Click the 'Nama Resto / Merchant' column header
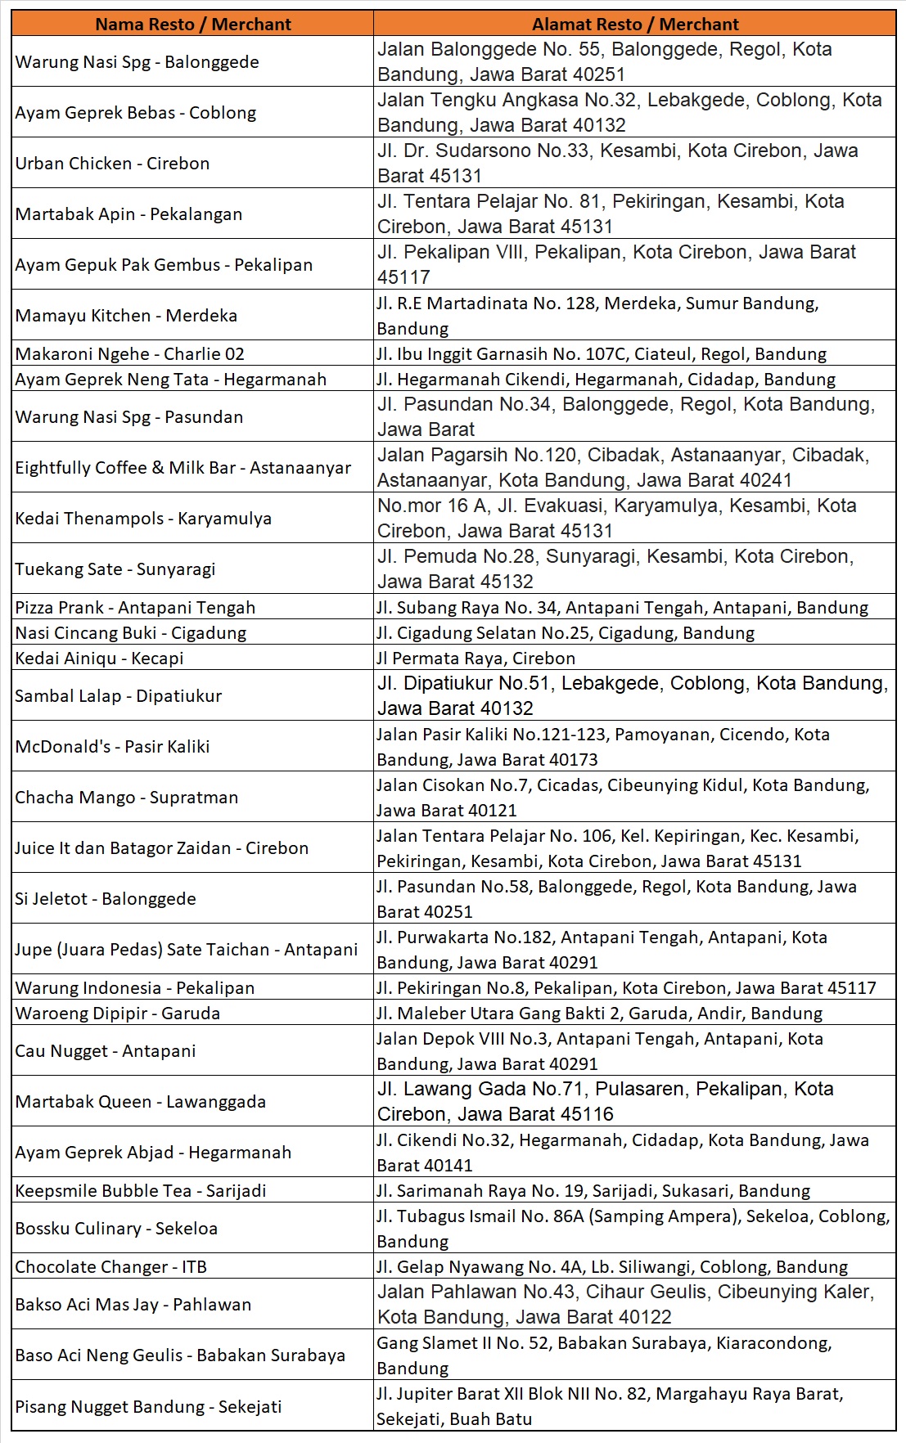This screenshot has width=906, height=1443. pos(192,25)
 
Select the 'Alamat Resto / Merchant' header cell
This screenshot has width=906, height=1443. pos(634,25)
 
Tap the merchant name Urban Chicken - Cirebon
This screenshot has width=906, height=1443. pos(112,164)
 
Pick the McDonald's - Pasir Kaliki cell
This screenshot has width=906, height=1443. pos(112,747)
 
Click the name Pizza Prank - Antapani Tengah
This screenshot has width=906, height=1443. pos(135,608)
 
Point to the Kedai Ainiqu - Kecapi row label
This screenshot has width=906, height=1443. pos(99,659)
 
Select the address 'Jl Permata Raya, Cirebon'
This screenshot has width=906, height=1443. pos(476,659)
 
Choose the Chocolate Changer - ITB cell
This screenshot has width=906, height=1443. pos(110,1267)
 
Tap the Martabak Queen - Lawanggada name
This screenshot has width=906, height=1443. pos(140,1102)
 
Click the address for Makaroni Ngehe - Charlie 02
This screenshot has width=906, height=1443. pos(602,354)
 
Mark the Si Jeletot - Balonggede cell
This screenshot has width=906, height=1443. pos(106,899)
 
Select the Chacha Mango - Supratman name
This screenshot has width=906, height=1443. pos(127,798)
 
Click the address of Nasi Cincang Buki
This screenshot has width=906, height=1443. pos(566,633)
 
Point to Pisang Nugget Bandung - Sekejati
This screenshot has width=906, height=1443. pos(148,1407)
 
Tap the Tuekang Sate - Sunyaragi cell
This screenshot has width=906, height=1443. pos(115,569)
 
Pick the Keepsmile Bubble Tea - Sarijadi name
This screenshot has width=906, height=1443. pos(141,1191)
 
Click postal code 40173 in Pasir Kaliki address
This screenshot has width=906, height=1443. pos(572,760)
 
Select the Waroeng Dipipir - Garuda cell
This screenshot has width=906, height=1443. pos(117,1014)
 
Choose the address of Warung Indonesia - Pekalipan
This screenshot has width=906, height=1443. pos(626,988)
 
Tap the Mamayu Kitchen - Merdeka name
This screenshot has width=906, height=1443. pos(126,316)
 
